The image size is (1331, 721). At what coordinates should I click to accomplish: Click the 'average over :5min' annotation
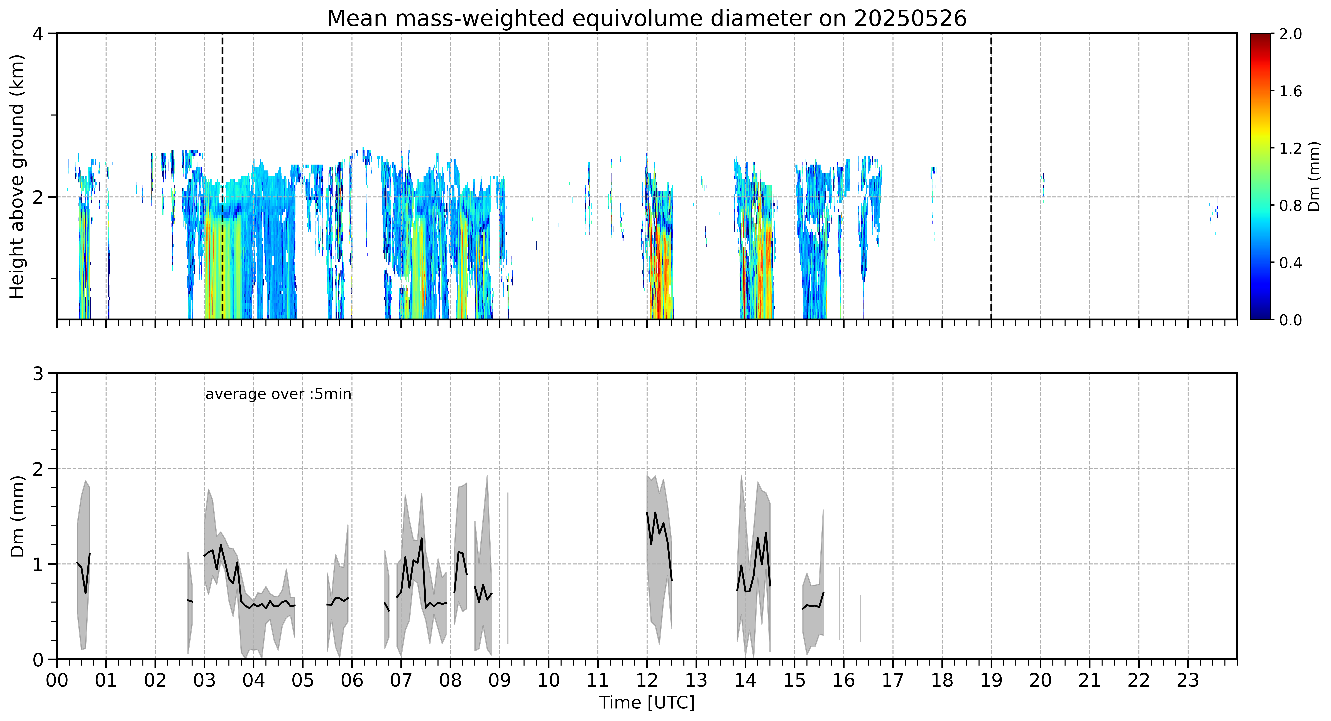pos(278,394)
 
